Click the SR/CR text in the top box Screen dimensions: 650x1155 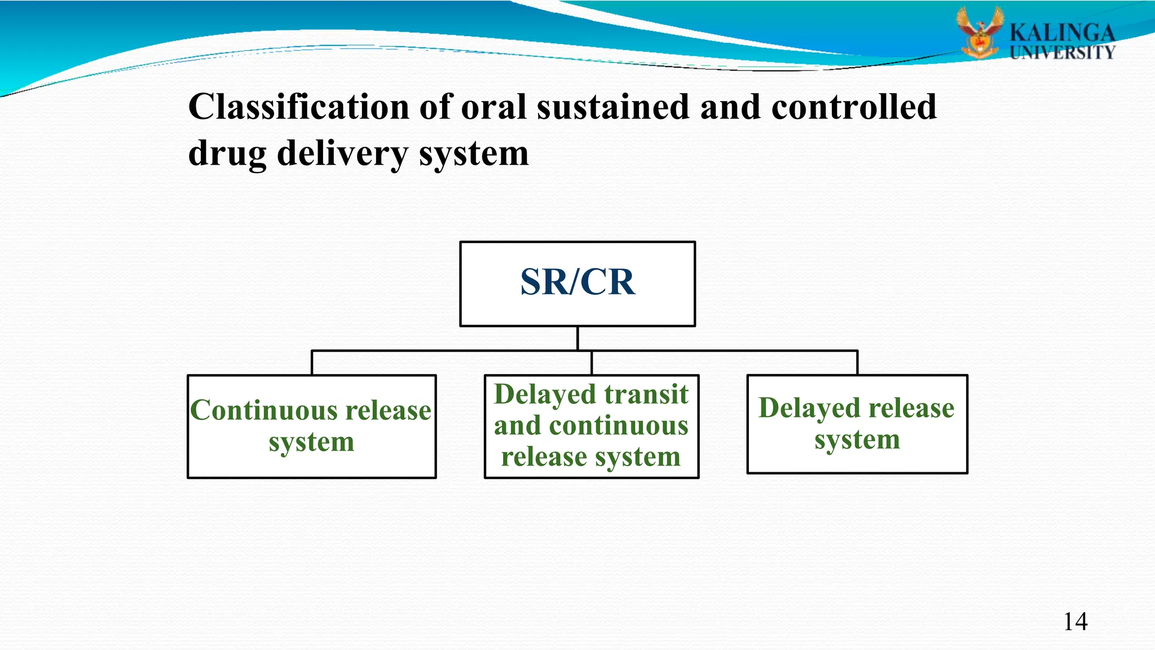coord(577,282)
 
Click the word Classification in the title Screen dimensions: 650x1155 coord(298,107)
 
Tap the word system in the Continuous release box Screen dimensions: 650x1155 coord(311,442)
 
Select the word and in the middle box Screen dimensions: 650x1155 coord(517,425)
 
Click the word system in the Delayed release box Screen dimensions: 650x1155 coord(857,440)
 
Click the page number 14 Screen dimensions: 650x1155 coord(1075,622)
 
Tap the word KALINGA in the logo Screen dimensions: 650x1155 coord(1062,33)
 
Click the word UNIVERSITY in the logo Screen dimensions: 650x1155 coord(1062,53)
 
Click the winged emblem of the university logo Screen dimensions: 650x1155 coord(980,32)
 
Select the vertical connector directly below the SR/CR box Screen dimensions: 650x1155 coord(577,338)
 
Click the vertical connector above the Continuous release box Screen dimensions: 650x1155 coord(312,363)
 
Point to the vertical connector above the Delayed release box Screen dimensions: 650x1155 coord(857,363)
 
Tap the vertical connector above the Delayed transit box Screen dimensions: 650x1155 coord(592,363)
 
